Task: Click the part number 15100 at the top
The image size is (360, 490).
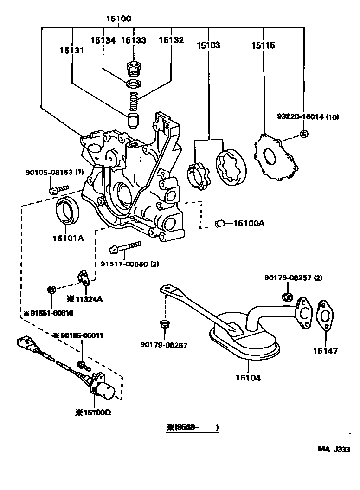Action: [x=118, y=19]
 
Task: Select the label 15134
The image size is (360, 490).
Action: [x=103, y=40]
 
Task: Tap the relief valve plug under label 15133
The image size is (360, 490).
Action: [x=134, y=70]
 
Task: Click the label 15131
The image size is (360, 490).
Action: [x=71, y=50]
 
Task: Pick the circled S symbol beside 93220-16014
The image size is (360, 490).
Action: [x=304, y=134]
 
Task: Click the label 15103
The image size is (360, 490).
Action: [x=208, y=45]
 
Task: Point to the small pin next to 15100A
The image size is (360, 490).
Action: [x=220, y=224]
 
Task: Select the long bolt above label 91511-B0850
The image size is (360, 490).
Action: [x=125, y=247]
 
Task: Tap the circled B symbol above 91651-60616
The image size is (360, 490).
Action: [x=52, y=290]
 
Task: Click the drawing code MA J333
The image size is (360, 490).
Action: [x=334, y=449]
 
